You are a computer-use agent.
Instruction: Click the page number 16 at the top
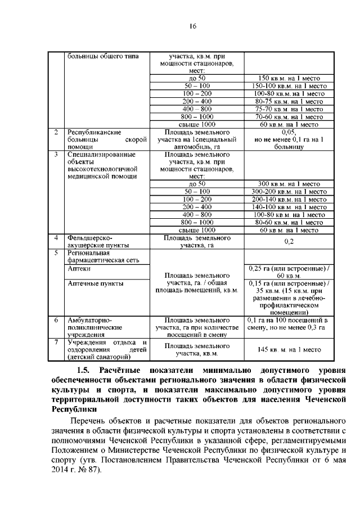click(x=192, y=26)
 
